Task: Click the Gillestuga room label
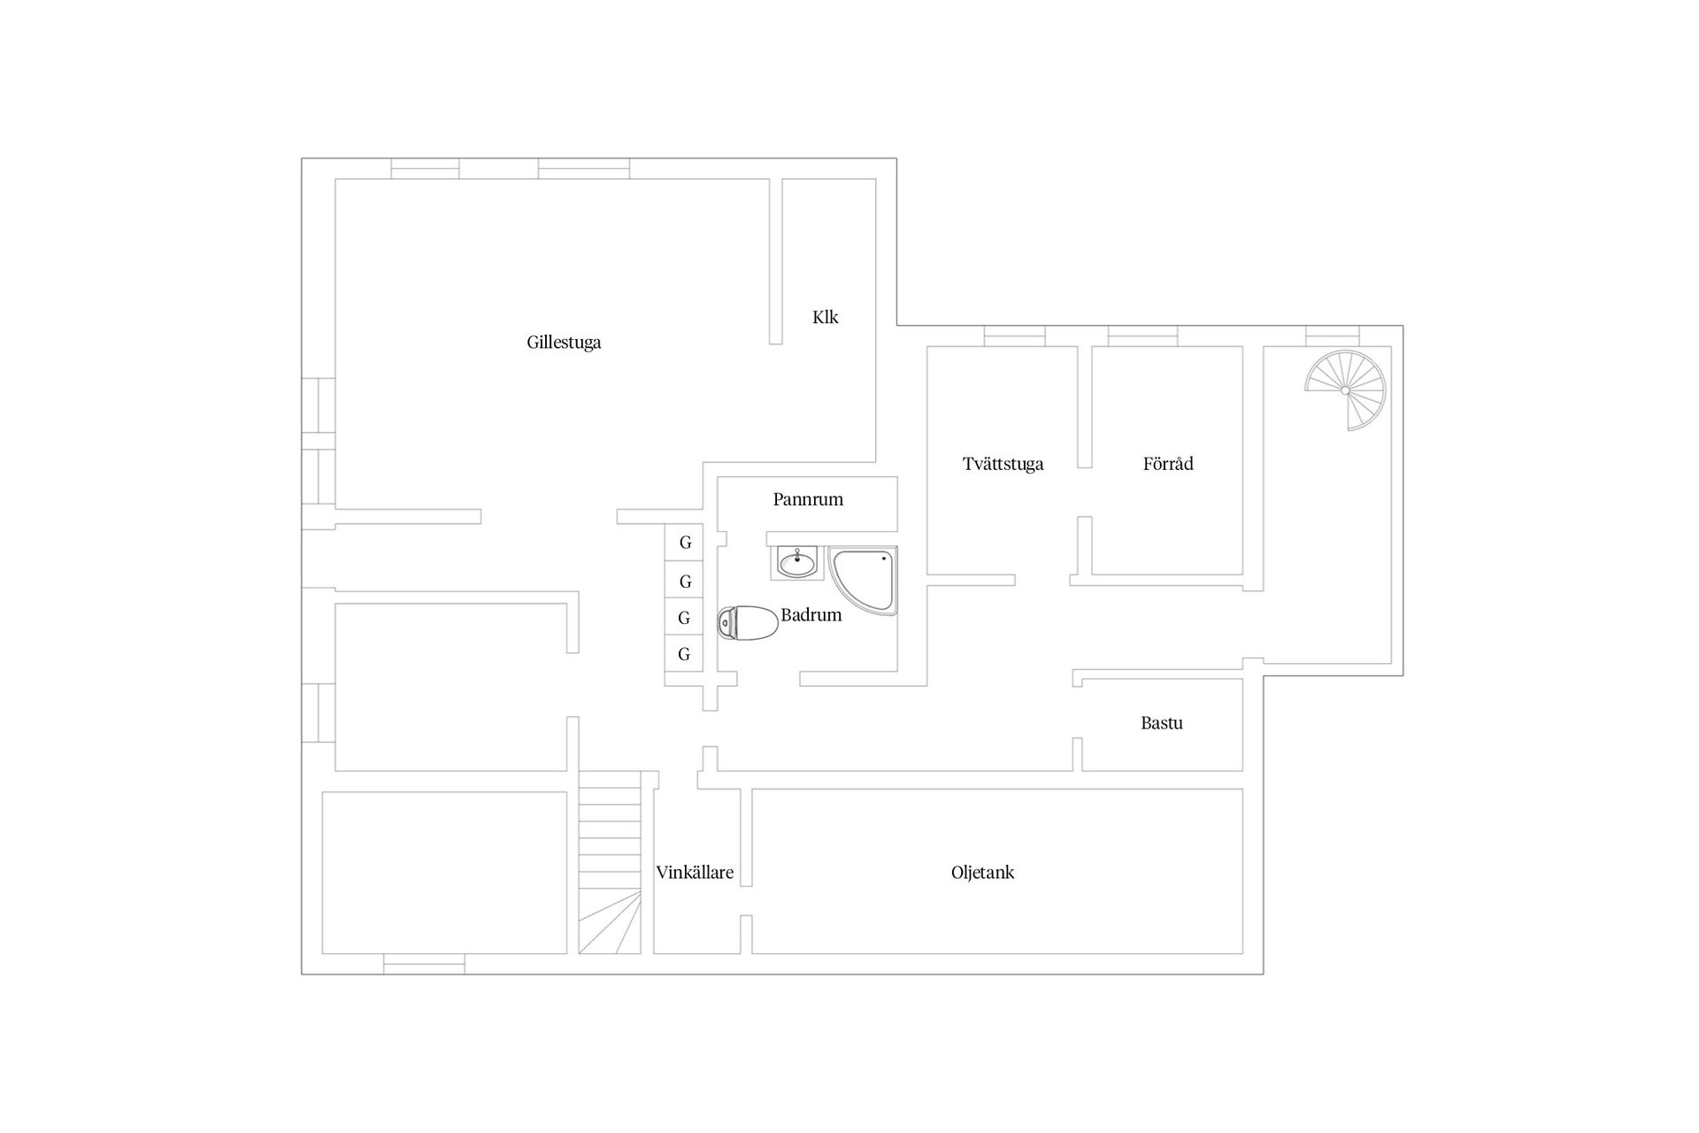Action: pos(564,343)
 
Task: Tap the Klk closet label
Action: pos(825,317)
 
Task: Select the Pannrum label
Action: pos(808,499)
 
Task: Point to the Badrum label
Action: pos(811,615)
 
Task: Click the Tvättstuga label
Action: pos(1003,464)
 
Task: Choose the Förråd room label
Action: pos(1168,464)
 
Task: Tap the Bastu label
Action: pos(1161,723)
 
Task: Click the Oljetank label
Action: pos(982,873)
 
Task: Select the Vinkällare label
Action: pos(695,873)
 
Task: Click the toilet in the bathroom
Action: pos(748,623)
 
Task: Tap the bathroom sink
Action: pos(797,562)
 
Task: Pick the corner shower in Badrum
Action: pos(864,581)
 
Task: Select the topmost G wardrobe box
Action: pos(684,543)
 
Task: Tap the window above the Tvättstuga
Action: pos(1014,336)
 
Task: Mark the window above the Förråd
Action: pos(1142,336)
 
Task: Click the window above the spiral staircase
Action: pos(1333,336)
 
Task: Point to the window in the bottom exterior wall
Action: pos(424,964)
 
